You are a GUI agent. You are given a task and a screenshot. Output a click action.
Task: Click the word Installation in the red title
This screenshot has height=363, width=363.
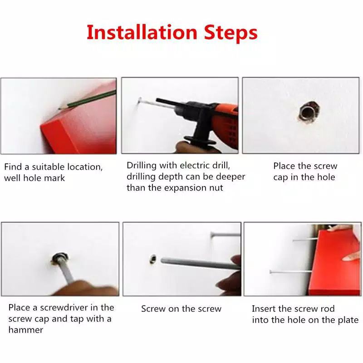(x=142, y=32)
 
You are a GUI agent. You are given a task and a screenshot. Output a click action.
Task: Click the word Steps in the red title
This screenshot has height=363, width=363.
(x=231, y=33)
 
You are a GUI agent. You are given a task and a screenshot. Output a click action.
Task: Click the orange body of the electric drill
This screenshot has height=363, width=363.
(x=225, y=125)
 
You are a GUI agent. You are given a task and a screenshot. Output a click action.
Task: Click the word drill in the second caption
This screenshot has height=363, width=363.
(x=221, y=165)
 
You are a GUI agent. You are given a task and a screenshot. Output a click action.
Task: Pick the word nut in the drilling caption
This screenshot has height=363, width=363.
(x=216, y=188)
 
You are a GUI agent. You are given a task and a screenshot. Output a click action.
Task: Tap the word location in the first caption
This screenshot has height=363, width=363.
(x=85, y=167)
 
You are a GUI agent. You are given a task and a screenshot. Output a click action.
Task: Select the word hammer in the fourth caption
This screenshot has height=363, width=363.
(x=26, y=330)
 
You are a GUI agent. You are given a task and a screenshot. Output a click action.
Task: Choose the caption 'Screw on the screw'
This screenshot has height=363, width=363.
(x=181, y=309)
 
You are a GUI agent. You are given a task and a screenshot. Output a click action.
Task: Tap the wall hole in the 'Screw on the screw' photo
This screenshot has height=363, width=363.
(x=152, y=259)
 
